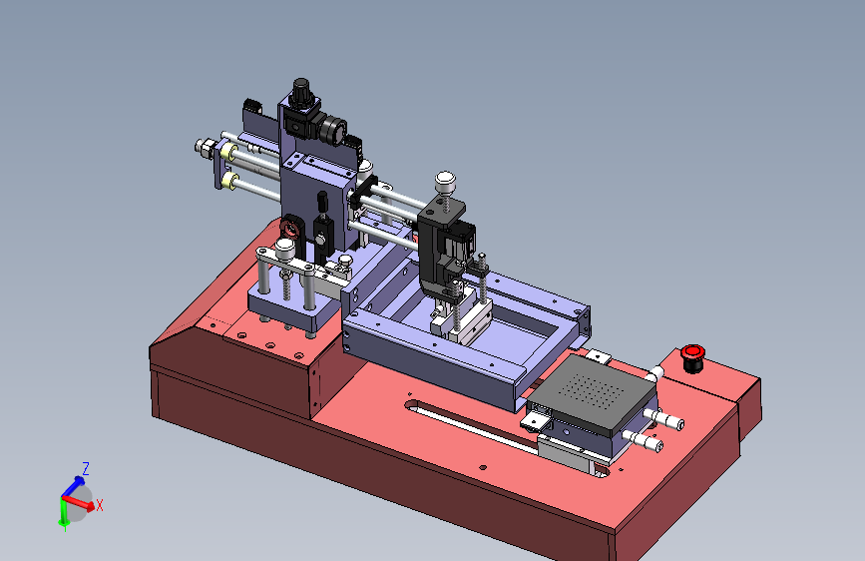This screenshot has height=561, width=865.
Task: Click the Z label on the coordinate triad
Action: coord(86,469)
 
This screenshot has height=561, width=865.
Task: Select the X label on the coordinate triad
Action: coord(100,505)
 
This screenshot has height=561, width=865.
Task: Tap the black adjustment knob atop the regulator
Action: coord(301,92)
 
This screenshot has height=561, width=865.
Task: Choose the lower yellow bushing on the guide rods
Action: coord(228,181)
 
